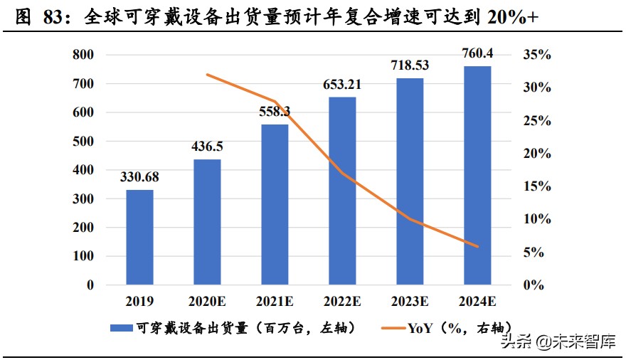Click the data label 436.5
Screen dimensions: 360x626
207,146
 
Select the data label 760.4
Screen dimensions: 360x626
478,51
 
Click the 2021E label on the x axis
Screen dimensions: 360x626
275,302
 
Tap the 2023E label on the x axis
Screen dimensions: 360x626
410,302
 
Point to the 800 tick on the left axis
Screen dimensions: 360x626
85,55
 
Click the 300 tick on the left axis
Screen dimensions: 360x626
85,199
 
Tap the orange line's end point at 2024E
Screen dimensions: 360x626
478,247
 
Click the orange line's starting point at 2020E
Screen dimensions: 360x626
207,74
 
